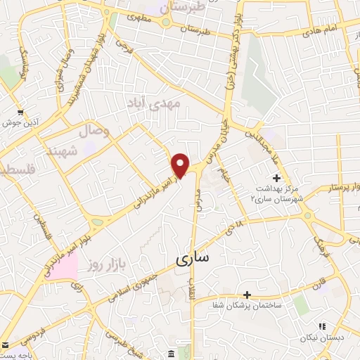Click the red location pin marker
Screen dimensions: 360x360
tap(181, 165)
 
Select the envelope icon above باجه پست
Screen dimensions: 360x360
tap(6, 345)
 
